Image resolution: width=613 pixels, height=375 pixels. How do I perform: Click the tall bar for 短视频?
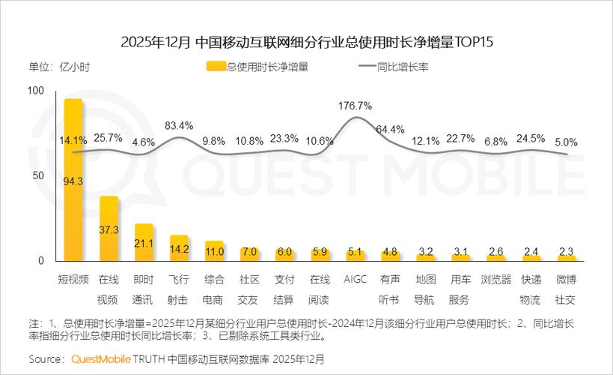(x=73, y=180)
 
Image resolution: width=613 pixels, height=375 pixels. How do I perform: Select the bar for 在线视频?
(x=109, y=229)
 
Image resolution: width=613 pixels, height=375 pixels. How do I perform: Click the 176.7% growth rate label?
(x=355, y=105)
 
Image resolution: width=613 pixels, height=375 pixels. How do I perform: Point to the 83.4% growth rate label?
(x=179, y=124)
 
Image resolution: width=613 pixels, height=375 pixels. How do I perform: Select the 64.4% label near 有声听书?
(x=390, y=129)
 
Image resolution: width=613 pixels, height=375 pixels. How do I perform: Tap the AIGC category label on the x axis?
(x=355, y=279)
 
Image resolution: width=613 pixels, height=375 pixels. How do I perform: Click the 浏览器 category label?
(x=496, y=279)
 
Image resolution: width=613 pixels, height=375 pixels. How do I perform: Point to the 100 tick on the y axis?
(x=35, y=91)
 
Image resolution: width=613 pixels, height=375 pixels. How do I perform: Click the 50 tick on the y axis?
(x=38, y=175)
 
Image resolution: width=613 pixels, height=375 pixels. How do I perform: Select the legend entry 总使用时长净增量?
(x=258, y=66)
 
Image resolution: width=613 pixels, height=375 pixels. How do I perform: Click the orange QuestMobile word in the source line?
(x=101, y=358)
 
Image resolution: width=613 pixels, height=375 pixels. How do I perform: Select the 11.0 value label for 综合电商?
(x=214, y=252)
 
